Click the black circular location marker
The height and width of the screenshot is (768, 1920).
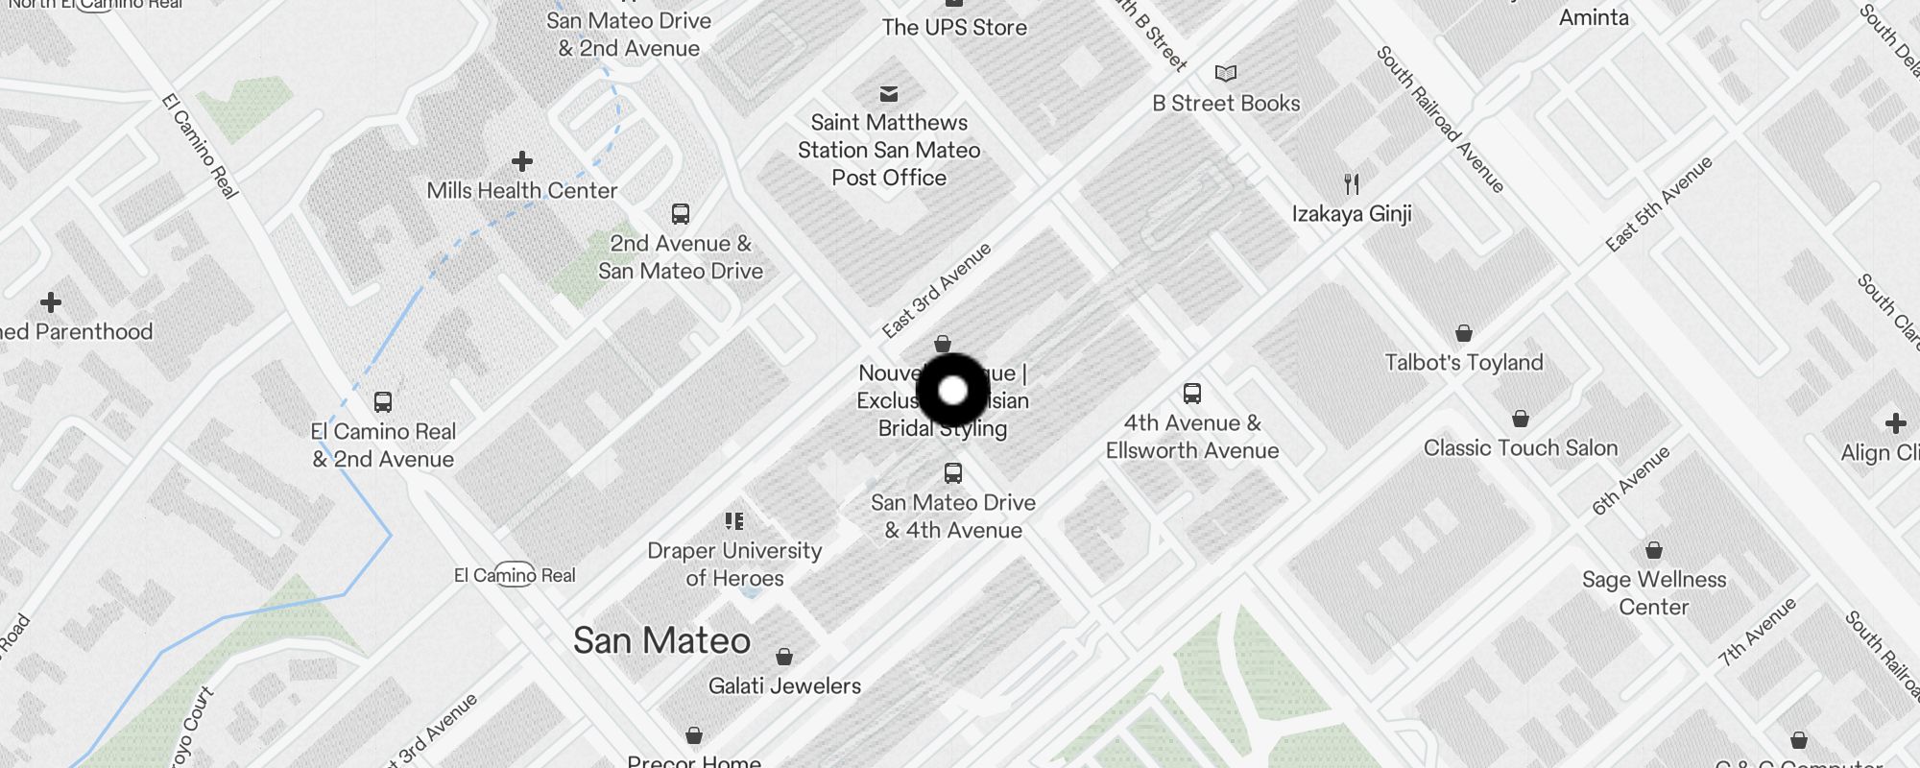click(952, 391)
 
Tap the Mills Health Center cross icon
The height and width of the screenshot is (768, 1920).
click(522, 161)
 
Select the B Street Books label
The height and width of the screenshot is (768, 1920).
click(1226, 104)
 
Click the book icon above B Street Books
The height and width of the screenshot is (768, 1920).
click(1226, 73)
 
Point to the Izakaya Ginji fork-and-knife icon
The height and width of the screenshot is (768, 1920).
click(1352, 183)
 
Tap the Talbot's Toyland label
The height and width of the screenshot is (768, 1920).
click(1463, 363)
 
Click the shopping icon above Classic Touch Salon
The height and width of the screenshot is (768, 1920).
click(1521, 419)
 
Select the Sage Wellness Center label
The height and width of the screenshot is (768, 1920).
click(1653, 593)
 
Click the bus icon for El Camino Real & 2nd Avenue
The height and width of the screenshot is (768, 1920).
click(383, 401)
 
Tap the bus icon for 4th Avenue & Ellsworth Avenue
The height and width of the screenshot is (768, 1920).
click(1192, 393)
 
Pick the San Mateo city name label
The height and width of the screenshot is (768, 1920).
click(661, 641)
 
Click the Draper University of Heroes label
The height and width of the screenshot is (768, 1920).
click(734, 564)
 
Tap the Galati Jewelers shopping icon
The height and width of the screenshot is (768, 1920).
click(784, 657)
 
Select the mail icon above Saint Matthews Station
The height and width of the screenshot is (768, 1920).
click(889, 93)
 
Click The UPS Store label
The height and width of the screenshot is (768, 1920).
click(954, 28)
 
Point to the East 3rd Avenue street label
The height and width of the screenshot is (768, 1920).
click(936, 291)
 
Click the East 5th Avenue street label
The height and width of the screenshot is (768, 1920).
click(1659, 204)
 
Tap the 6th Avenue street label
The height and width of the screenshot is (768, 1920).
click(1630, 480)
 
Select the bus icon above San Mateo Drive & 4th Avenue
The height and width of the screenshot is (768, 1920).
click(953, 472)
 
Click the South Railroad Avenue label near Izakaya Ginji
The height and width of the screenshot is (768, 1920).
click(1439, 119)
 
